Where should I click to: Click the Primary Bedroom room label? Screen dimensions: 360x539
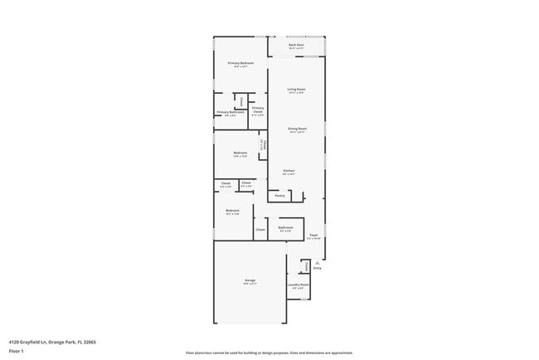point(240,63)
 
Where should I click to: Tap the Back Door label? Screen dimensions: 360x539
point(296,45)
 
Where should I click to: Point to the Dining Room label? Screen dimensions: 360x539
point(297,129)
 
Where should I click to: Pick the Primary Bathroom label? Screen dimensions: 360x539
point(231,112)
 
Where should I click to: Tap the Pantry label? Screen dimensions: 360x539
point(280,196)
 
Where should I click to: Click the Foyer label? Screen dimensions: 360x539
point(313,236)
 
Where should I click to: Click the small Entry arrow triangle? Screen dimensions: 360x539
point(317,262)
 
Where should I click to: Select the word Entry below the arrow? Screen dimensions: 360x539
point(317,268)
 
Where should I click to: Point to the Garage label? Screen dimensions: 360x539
point(250,281)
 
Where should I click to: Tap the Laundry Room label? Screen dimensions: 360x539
point(299,285)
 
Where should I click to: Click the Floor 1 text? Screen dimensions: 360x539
point(17,351)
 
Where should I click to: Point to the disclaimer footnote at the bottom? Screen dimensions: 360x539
point(269,353)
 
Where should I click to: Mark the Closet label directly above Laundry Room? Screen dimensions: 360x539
point(304,265)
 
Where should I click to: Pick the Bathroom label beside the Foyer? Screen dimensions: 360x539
point(285,226)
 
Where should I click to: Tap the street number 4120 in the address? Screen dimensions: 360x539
point(14,341)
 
